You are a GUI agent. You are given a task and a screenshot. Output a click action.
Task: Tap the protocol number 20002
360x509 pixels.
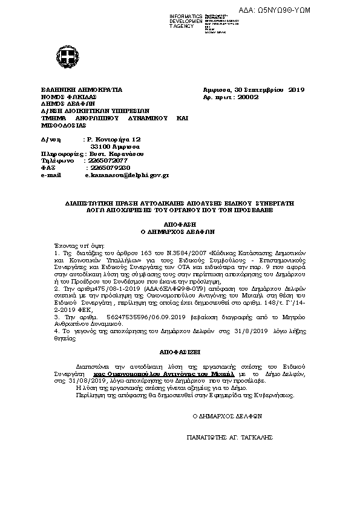(248, 96)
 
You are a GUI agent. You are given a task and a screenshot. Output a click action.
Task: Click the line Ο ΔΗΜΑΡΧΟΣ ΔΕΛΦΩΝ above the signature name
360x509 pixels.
(226, 416)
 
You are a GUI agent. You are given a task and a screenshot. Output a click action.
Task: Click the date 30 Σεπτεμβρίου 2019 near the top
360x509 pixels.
(266, 89)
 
